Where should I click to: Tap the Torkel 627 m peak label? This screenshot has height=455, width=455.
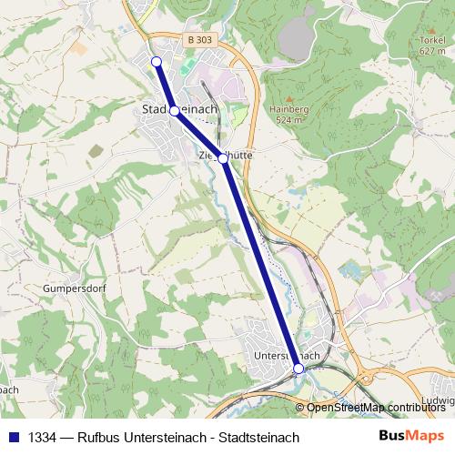tap(432, 46)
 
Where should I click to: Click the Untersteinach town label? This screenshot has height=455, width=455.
tap(288, 355)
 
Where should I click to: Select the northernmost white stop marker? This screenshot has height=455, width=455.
tap(156, 61)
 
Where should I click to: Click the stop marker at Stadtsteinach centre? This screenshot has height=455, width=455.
tap(174, 111)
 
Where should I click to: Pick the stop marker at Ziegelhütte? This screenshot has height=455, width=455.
tap(223, 158)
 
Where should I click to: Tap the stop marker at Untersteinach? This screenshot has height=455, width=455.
tap(298, 368)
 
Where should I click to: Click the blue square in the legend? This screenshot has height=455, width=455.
tap(14, 438)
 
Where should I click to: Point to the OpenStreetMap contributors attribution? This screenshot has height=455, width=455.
tap(376, 408)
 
